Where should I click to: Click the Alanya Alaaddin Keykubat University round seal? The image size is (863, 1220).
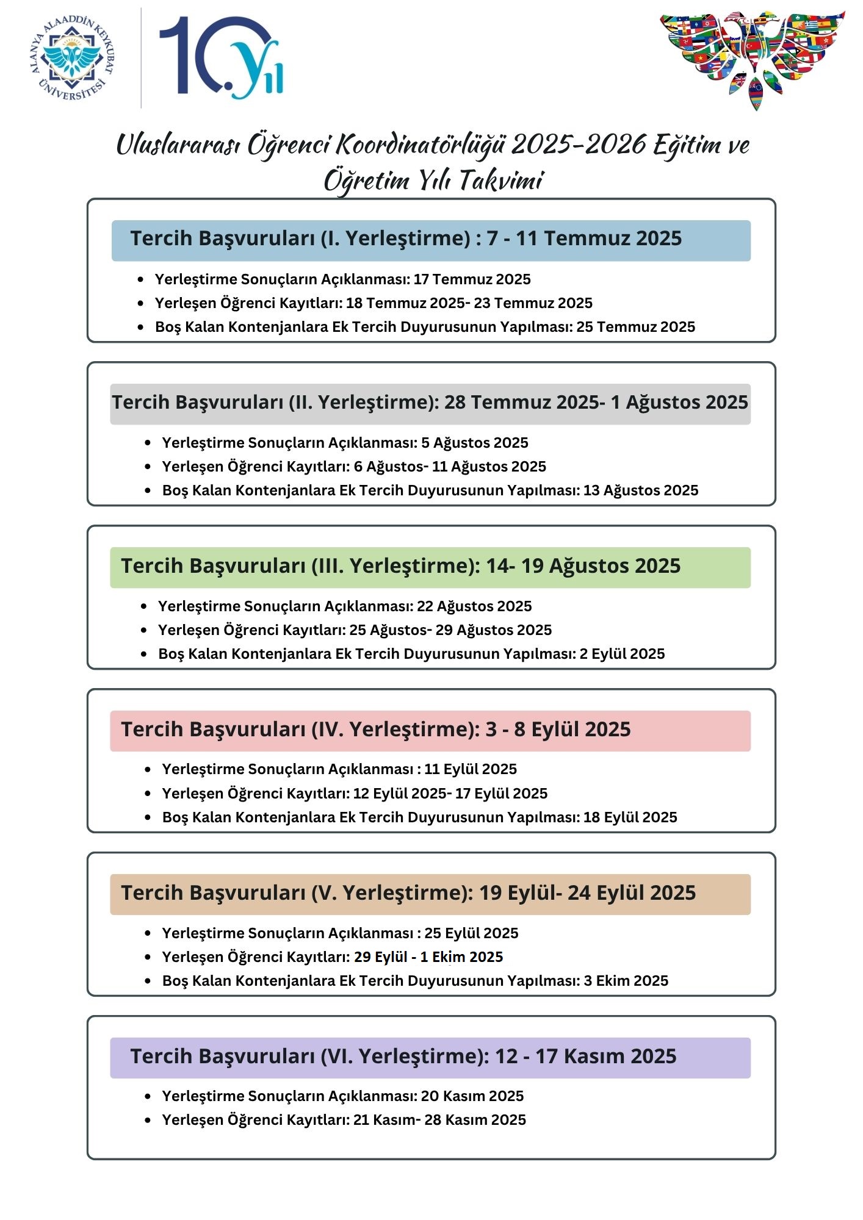72,58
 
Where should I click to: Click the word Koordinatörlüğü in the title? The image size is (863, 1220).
421,145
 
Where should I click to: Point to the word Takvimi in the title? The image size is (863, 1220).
500,181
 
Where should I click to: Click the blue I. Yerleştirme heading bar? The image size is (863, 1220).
431,240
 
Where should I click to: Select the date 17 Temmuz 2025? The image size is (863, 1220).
472,279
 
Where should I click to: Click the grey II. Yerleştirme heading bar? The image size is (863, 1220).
430,404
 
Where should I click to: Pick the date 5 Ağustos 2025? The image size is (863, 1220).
474,443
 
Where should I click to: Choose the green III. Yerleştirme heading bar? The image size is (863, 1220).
430,567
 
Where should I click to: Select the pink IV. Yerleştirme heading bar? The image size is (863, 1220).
430,731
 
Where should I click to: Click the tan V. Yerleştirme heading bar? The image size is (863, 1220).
430,894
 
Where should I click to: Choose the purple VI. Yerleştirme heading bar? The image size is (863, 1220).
430,1058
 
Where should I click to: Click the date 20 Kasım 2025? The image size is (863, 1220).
472,1096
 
